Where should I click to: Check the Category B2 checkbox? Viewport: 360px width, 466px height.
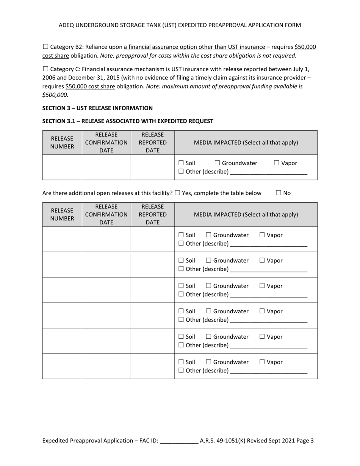[45, 47]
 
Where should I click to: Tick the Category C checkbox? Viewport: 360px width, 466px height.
[45, 69]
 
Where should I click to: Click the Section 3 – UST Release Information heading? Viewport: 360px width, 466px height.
[97, 108]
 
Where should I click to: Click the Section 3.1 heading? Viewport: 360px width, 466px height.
[128, 121]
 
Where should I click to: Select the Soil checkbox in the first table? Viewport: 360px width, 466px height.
[181, 163]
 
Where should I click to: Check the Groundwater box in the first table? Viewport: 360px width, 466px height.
[218, 163]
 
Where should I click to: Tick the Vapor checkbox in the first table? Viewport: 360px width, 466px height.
[277, 163]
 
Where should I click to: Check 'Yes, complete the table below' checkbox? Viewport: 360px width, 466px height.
[177, 193]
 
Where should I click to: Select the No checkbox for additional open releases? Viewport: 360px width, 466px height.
[279, 193]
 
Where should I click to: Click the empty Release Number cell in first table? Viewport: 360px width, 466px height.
[62, 167]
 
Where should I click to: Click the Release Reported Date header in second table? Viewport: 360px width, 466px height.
[152, 214]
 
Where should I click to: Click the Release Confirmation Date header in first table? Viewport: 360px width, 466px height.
[106, 142]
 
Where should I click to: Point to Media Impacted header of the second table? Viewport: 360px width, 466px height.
[246, 214]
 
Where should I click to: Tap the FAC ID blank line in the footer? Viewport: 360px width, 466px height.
[179, 441]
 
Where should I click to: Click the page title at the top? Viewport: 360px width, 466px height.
[180, 25]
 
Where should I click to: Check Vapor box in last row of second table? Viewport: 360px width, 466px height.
[262, 362]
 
